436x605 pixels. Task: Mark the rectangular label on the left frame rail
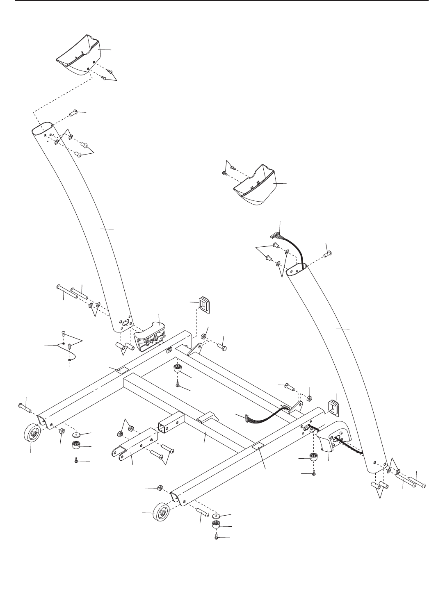[122, 371]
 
